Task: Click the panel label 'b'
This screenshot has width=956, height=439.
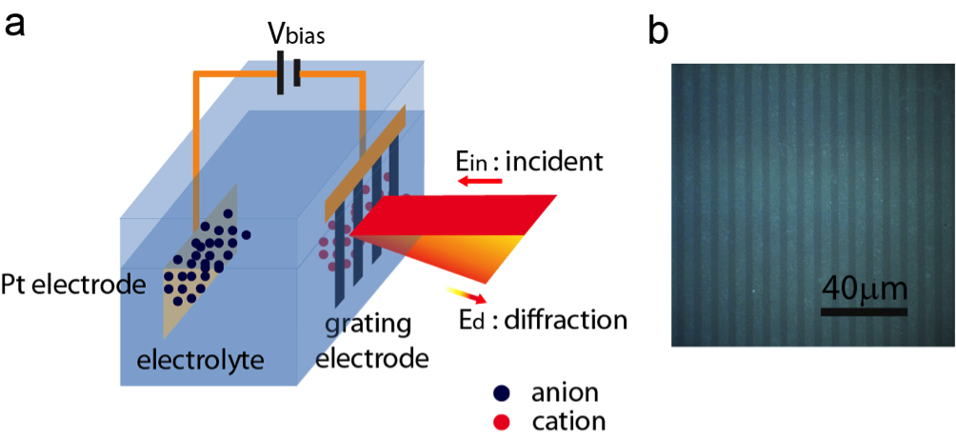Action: click(658, 30)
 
